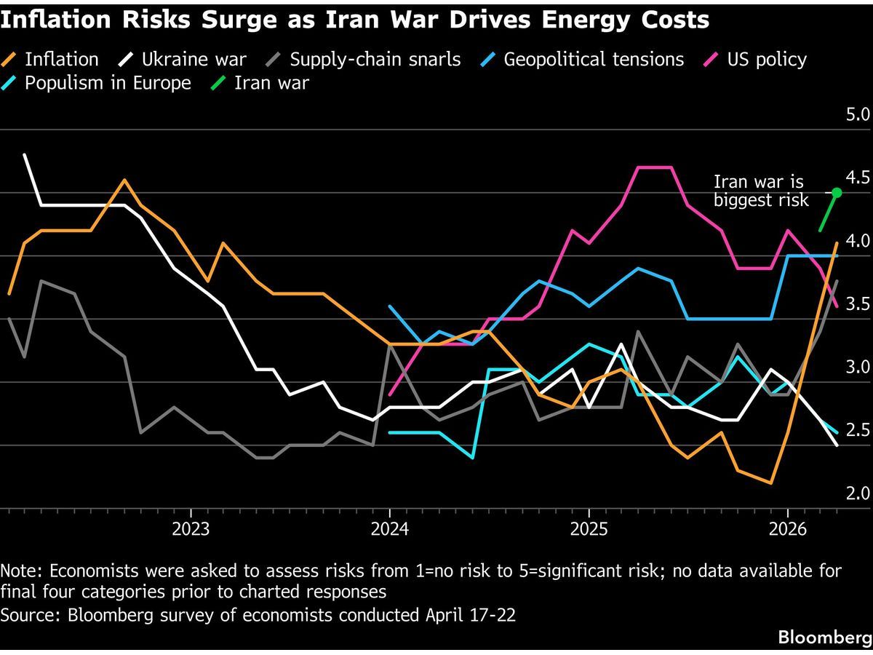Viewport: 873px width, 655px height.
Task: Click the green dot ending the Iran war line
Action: coord(837,193)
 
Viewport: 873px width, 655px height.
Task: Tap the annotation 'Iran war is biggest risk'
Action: coord(761,191)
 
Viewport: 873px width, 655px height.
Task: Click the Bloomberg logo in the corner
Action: coord(824,638)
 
